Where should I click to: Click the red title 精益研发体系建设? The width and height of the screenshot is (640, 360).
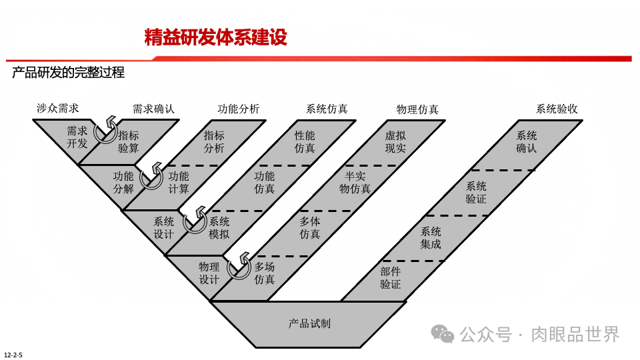pos(215,37)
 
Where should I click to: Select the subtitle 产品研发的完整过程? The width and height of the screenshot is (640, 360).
pos(68,73)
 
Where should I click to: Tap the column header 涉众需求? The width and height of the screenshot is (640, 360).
pos(58,108)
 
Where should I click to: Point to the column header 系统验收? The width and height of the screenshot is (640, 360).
pos(557,109)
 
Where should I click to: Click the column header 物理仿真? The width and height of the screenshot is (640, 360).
pos(417,109)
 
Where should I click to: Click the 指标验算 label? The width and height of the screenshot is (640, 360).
pos(129,141)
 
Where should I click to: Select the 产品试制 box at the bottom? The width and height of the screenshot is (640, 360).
pos(309,323)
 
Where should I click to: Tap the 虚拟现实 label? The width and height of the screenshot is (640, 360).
pos(395,141)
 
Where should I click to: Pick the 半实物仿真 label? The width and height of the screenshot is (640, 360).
pos(355,183)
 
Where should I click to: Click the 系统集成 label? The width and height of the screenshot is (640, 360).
pos(431,238)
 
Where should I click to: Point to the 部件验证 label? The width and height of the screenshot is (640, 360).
pos(391,277)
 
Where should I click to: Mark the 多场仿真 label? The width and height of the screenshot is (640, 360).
pos(265,273)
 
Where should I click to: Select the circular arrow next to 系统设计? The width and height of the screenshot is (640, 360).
pos(195,221)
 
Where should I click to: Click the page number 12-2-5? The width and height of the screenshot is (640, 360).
pos(13,354)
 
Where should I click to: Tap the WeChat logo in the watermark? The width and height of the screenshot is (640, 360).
pos(442,333)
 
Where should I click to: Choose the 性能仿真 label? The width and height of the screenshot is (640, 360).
pos(305,141)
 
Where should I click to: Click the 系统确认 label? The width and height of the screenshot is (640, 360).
pos(526,141)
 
